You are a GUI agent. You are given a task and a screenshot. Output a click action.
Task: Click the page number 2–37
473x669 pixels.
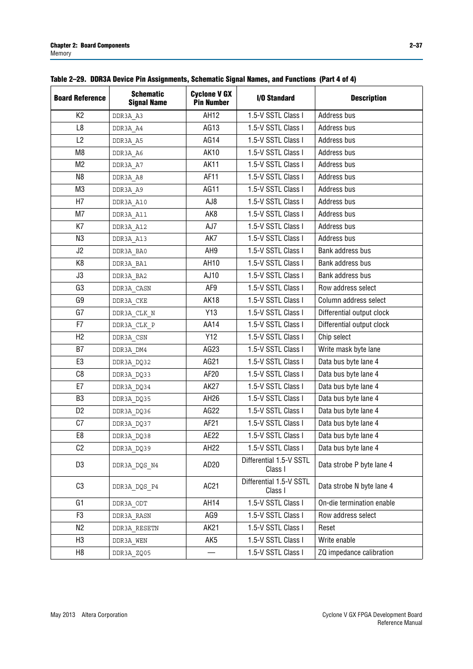415,45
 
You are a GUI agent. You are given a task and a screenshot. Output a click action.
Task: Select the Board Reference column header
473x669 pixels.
80,98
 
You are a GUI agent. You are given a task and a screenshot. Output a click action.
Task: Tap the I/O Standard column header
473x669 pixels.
276,98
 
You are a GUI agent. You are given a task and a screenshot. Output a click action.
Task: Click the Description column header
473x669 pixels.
368,98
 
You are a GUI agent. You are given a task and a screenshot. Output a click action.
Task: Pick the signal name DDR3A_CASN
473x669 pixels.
132,288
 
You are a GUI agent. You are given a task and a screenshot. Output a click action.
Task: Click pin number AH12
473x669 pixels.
211,115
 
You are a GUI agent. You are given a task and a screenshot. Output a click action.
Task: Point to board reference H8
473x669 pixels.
80,553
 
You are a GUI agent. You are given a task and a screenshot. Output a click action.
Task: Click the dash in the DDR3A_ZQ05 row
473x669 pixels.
211,553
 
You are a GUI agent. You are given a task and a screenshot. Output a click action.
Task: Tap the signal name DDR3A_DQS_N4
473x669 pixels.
135,465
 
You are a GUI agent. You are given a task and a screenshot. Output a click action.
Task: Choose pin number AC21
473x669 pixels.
211,486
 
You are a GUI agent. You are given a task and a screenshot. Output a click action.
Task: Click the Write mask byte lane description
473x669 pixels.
350,349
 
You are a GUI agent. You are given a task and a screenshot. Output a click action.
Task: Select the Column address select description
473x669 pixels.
352,300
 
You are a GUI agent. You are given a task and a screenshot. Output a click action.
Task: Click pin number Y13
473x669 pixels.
211,313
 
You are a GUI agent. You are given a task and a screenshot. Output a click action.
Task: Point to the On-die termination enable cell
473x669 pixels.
356,503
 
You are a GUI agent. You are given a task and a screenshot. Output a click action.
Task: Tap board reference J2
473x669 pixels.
80,251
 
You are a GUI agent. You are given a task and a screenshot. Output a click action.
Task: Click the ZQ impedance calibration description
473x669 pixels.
356,553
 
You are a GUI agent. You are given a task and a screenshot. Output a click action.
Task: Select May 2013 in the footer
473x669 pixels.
63,615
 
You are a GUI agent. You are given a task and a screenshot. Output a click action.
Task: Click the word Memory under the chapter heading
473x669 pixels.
61,54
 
